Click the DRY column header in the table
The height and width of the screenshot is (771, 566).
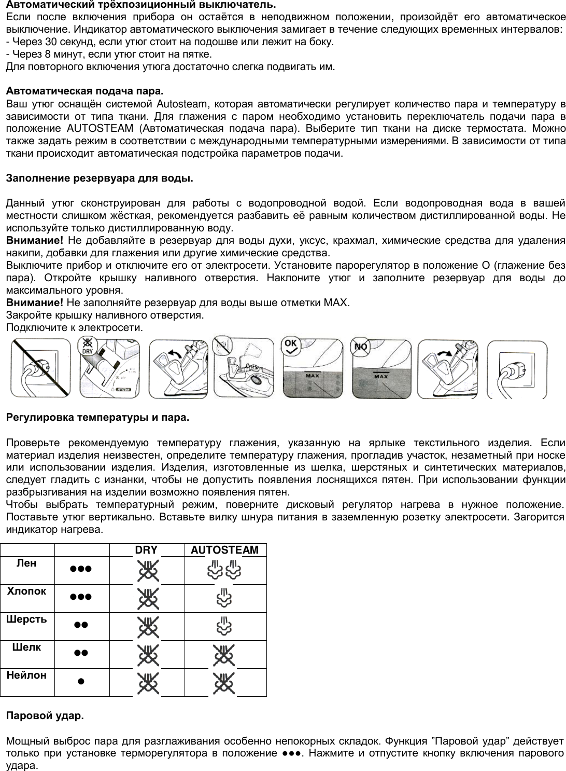[146, 550]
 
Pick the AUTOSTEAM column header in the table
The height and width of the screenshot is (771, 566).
[224, 550]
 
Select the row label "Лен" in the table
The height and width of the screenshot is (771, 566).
[27, 563]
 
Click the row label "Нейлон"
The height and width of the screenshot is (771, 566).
[27, 676]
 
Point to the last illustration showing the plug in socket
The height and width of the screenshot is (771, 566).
[517, 369]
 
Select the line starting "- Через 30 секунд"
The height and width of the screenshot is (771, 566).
[169, 42]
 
